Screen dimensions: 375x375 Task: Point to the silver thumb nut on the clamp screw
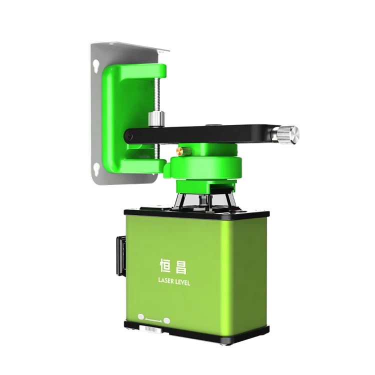pyautogui.click(x=156, y=118)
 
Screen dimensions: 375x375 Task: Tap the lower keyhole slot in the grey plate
pyautogui.click(x=96, y=167)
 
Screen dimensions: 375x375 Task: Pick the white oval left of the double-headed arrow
pyautogui.click(x=141, y=316)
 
